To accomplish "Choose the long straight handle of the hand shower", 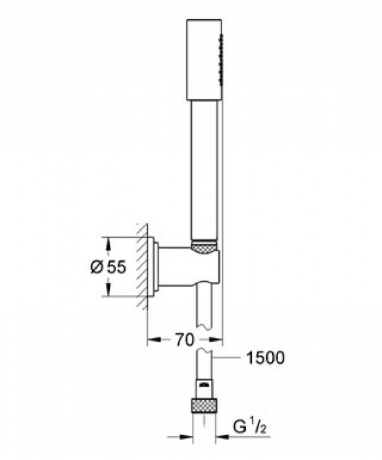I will tap(204, 171).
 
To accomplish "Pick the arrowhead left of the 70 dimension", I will tap(151, 340).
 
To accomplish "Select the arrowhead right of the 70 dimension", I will tap(219, 340).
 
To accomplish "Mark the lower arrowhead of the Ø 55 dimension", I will tap(108, 291).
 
